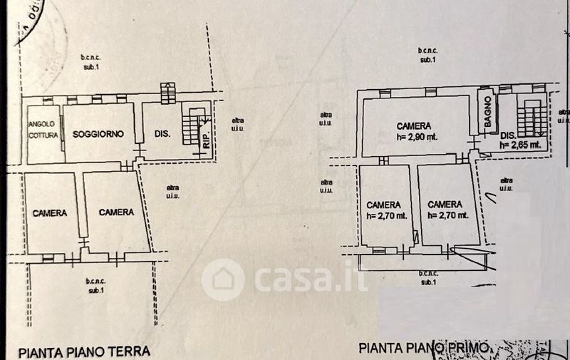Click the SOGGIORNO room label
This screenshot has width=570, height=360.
tap(98, 133)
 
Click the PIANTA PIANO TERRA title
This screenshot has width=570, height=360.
tap(84, 351)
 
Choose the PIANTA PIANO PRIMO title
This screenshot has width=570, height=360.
tap(424, 348)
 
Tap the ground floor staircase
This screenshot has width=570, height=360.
tap(190, 128)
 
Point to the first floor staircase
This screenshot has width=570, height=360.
tap(529, 118)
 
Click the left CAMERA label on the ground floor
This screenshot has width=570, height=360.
tap(49, 212)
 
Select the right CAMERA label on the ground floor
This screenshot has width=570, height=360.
tap(116, 212)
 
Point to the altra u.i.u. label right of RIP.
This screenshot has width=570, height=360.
tap(236, 124)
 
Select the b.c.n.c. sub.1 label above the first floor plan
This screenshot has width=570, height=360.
tap(427, 54)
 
